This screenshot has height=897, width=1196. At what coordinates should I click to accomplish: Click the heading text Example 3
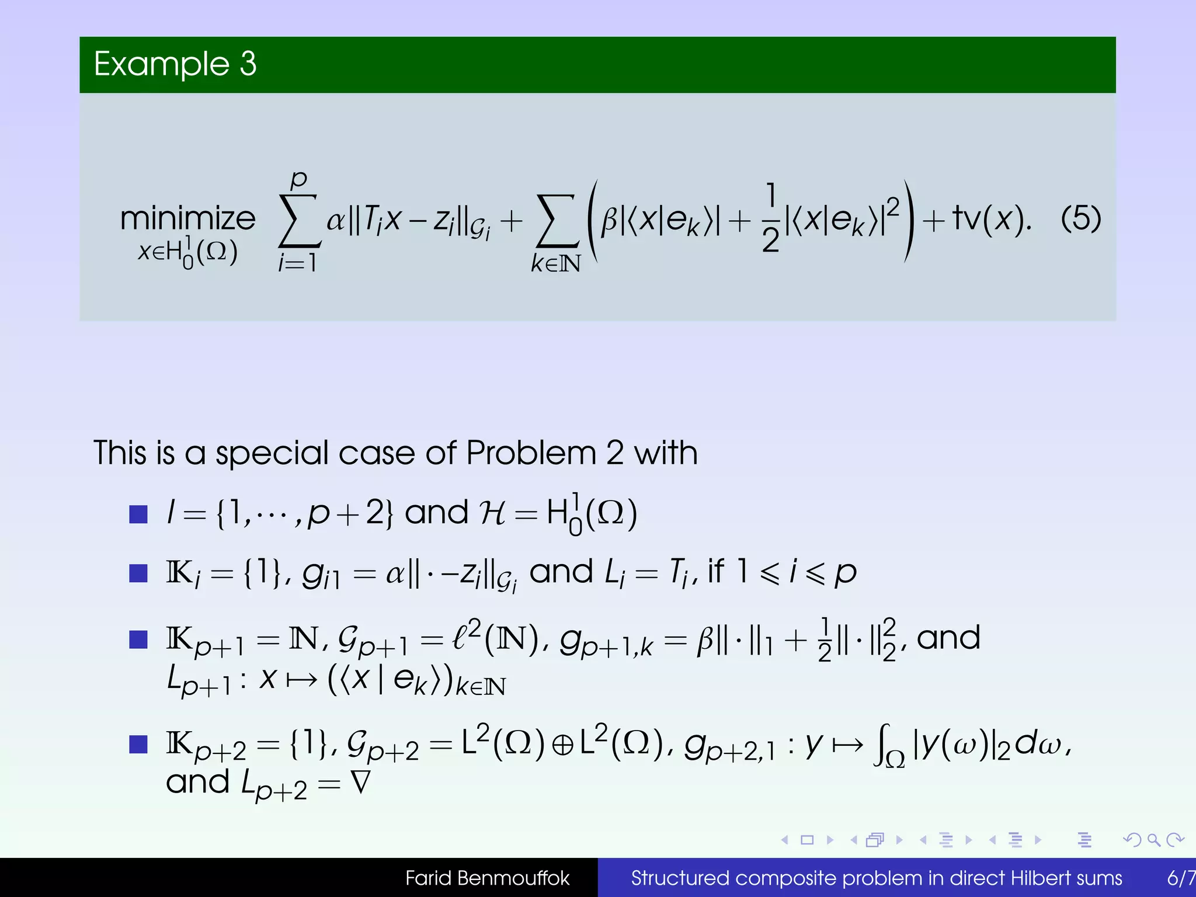(175, 64)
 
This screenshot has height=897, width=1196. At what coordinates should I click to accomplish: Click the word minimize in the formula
(187, 219)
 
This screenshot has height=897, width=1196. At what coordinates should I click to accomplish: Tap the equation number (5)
(1080, 218)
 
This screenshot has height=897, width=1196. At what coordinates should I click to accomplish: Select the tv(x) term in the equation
(990, 218)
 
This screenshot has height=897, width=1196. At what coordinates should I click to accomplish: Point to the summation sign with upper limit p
(299, 221)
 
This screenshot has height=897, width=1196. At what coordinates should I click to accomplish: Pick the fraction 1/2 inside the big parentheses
(770, 218)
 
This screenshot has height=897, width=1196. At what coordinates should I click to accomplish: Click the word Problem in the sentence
(531, 453)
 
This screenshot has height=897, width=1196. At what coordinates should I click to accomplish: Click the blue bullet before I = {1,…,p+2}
(138, 514)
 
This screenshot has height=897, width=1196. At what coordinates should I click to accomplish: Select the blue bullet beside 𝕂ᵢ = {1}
(138, 573)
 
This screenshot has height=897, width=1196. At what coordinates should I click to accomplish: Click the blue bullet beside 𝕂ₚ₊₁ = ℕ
(138, 639)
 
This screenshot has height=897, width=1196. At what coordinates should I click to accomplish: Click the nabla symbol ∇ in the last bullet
(360, 783)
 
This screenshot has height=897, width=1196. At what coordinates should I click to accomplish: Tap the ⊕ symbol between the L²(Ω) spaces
(562, 746)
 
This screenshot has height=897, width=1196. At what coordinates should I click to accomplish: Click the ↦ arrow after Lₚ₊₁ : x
(301, 679)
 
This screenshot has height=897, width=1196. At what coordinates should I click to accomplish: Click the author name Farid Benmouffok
(487, 878)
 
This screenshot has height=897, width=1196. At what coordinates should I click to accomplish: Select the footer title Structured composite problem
(876, 878)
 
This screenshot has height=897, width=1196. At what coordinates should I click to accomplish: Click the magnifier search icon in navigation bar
(1153, 840)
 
